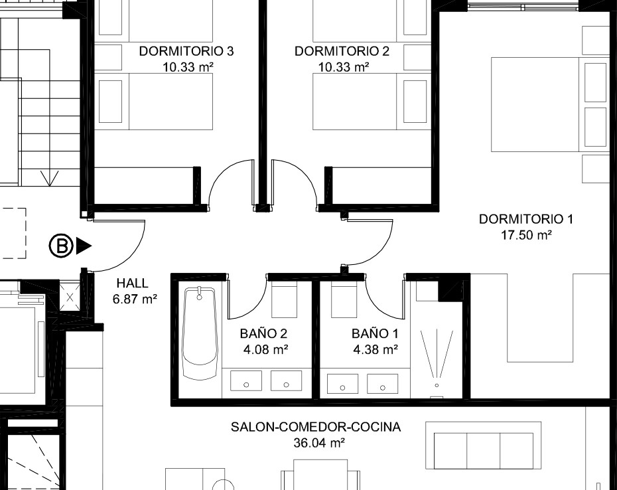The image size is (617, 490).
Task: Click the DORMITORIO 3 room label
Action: (x=186, y=51)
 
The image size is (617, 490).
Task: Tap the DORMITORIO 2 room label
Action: (x=342, y=51)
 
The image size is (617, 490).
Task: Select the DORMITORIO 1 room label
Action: (x=526, y=219)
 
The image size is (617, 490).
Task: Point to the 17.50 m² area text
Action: (x=526, y=235)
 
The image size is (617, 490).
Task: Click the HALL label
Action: (x=133, y=284)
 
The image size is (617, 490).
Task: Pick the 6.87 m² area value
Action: (x=135, y=299)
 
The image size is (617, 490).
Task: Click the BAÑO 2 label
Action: (x=263, y=333)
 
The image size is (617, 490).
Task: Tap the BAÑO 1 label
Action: (x=375, y=333)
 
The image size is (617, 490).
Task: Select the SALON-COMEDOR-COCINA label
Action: (x=316, y=427)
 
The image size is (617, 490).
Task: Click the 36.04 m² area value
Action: (x=320, y=443)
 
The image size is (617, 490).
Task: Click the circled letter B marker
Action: (x=62, y=246)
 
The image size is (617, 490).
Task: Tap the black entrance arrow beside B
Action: (x=84, y=246)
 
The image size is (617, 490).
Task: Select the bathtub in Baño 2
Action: (x=200, y=333)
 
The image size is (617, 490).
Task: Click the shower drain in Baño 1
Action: (x=437, y=385)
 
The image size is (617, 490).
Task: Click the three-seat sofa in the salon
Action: (x=483, y=451)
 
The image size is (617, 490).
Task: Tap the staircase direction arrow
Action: (x=50, y=178)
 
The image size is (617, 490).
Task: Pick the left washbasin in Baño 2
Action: (x=246, y=380)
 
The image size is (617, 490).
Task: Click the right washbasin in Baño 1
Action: (x=383, y=383)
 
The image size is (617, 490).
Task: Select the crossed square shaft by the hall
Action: (x=70, y=297)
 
